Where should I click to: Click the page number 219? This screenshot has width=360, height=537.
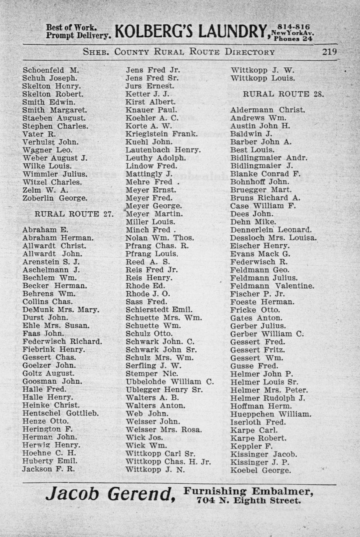pyautogui.click(x=329, y=52)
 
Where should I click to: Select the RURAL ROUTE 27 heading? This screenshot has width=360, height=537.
pyautogui.click(x=74, y=214)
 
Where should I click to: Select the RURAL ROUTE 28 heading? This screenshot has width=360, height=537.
pyautogui.click(x=283, y=94)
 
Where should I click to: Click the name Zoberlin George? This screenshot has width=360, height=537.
pyautogui.click(x=55, y=198)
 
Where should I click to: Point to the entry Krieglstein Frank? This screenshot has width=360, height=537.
pyautogui.click(x=162, y=134)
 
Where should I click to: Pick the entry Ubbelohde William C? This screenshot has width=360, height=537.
pyautogui.click(x=170, y=382)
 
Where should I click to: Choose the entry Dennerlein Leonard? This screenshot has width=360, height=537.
pyautogui.click(x=271, y=230)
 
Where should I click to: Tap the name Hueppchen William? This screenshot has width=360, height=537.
pyautogui.click(x=270, y=414)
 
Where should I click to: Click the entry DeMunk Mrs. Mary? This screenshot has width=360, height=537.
pyautogui.click(x=61, y=310)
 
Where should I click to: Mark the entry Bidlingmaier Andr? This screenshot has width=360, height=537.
pyautogui.click(x=269, y=158)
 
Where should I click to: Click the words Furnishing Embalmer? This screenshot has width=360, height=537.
pyautogui.click(x=248, y=491)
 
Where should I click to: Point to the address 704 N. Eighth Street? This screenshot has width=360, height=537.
pyautogui.click(x=249, y=500)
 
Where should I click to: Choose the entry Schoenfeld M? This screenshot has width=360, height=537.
pyautogui.click(x=51, y=70)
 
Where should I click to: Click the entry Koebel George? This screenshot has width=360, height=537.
pyautogui.click(x=260, y=470)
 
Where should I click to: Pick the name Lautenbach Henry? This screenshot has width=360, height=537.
pyautogui.click(x=163, y=150)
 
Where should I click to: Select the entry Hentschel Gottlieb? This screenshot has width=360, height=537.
pyautogui.click(x=60, y=413)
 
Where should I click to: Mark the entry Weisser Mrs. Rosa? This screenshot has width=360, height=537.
pyautogui.click(x=163, y=430)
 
